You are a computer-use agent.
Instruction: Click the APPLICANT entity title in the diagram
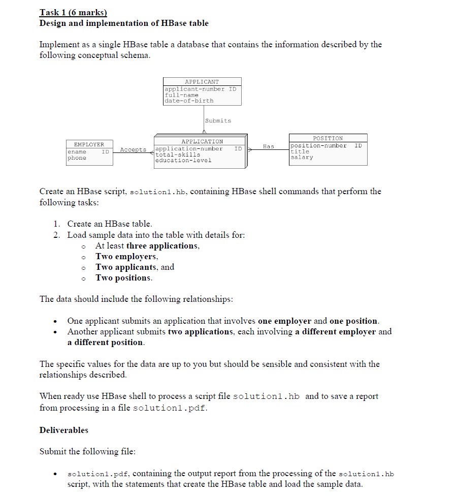point(202,81)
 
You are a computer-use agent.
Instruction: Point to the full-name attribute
point(181,95)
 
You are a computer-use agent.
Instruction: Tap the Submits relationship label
point(218,120)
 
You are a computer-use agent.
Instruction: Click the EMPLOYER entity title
point(89,144)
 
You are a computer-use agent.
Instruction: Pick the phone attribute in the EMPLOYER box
point(77,158)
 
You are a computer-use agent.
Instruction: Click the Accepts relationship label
point(133,150)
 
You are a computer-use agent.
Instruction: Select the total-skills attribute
point(178,154)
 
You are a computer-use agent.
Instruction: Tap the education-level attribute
point(183,160)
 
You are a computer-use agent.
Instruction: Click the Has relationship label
point(268,146)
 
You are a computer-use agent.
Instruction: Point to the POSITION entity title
point(328,138)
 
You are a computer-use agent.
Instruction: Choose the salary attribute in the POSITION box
point(302,158)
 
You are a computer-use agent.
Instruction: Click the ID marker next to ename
point(105,151)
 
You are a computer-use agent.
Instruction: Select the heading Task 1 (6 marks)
point(73,13)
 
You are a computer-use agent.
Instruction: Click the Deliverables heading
point(64,430)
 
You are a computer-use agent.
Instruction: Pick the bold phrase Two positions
point(123,278)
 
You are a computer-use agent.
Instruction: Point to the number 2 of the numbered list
point(57,235)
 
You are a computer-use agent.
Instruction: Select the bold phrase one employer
point(285,321)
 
